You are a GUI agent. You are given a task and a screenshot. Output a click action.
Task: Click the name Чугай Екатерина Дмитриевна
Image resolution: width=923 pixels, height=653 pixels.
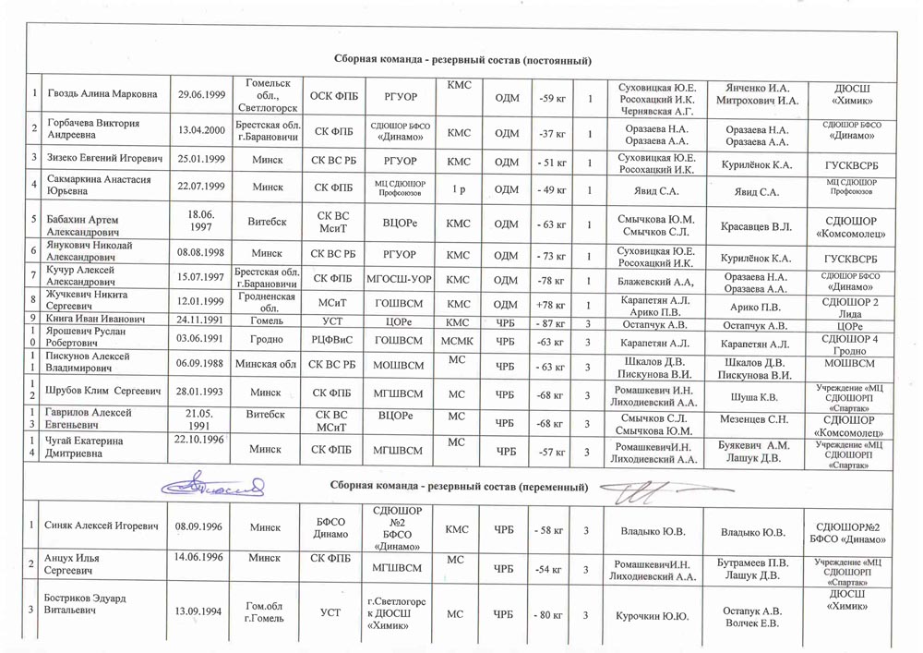click(90, 450)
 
